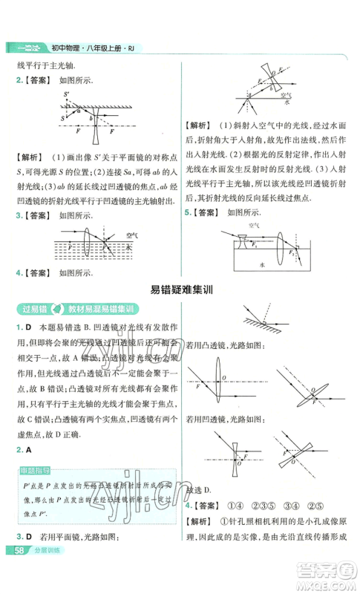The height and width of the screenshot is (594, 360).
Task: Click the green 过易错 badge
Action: tap(29, 309)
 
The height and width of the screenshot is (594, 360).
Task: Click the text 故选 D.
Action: tap(200, 489)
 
